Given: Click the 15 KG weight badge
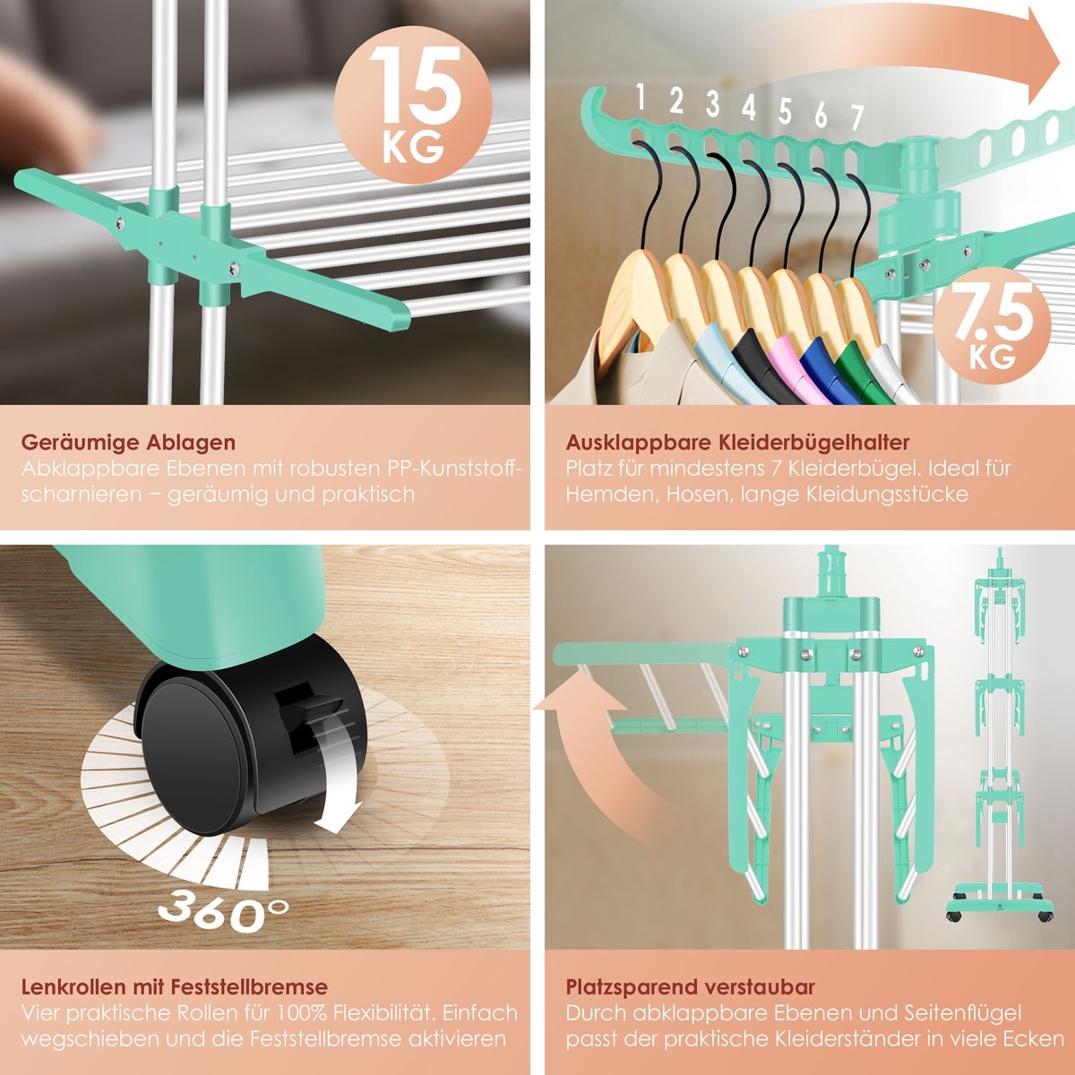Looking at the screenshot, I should click(x=413, y=100).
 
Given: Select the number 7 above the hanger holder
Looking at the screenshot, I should click(x=856, y=117).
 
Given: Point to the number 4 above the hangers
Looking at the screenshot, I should click(x=748, y=107).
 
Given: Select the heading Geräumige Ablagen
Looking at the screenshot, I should click(x=128, y=443).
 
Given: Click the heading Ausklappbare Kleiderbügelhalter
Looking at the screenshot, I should click(x=737, y=443).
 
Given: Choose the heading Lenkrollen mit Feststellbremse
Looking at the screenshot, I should click(x=174, y=987).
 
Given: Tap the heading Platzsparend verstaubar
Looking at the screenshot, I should click(x=690, y=987).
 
